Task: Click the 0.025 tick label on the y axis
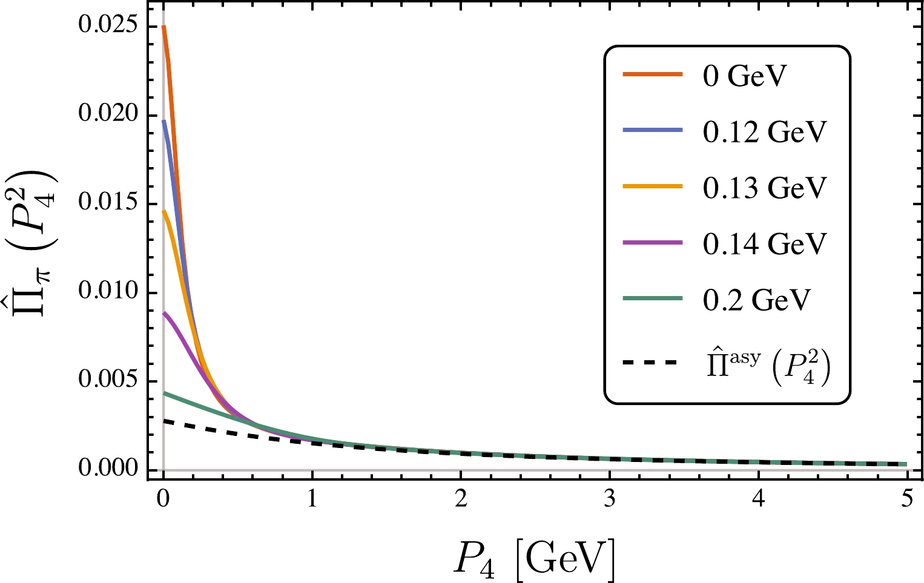pos(108,28)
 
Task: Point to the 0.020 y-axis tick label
pos(108,116)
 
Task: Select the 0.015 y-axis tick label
pos(108,204)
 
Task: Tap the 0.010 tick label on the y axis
pos(108,292)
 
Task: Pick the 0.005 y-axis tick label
pos(108,381)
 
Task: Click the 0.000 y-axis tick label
pos(108,470)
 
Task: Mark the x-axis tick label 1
pos(312,500)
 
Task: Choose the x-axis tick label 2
pos(461,500)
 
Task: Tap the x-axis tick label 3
pos(610,500)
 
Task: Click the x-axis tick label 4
pos(758,500)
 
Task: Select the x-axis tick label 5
pos(907,500)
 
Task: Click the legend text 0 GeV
pos(745,76)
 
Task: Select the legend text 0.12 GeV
pos(764,132)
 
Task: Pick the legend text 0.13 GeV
pos(764,188)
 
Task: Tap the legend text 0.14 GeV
pos(764,243)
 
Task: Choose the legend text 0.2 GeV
pos(756,299)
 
